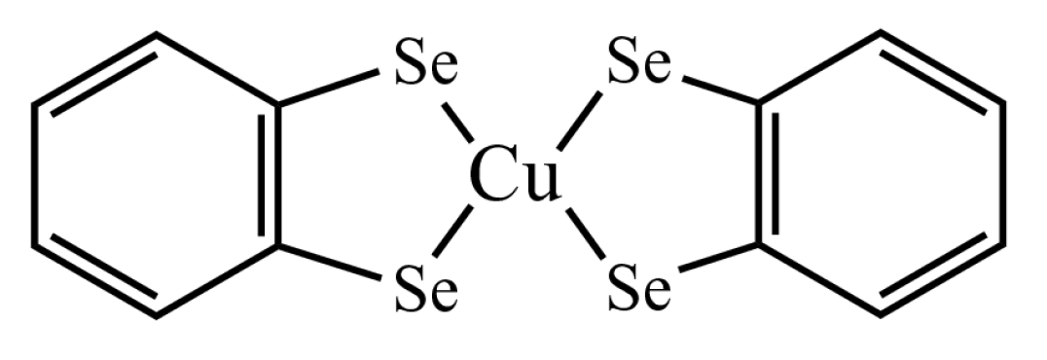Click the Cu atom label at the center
pyautogui.click(x=515, y=179)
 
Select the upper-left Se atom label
pyautogui.click(x=425, y=70)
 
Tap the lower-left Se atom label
pyautogui.click(x=425, y=289)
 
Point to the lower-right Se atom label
pyautogui.click(x=638, y=289)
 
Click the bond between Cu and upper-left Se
pyautogui.click(x=456, y=121)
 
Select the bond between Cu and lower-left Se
pyautogui.click(x=453, y=234)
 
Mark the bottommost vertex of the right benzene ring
pyautogui.click(x=881, y=314)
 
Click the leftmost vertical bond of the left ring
pyautogui.click(x=35, y=175)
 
